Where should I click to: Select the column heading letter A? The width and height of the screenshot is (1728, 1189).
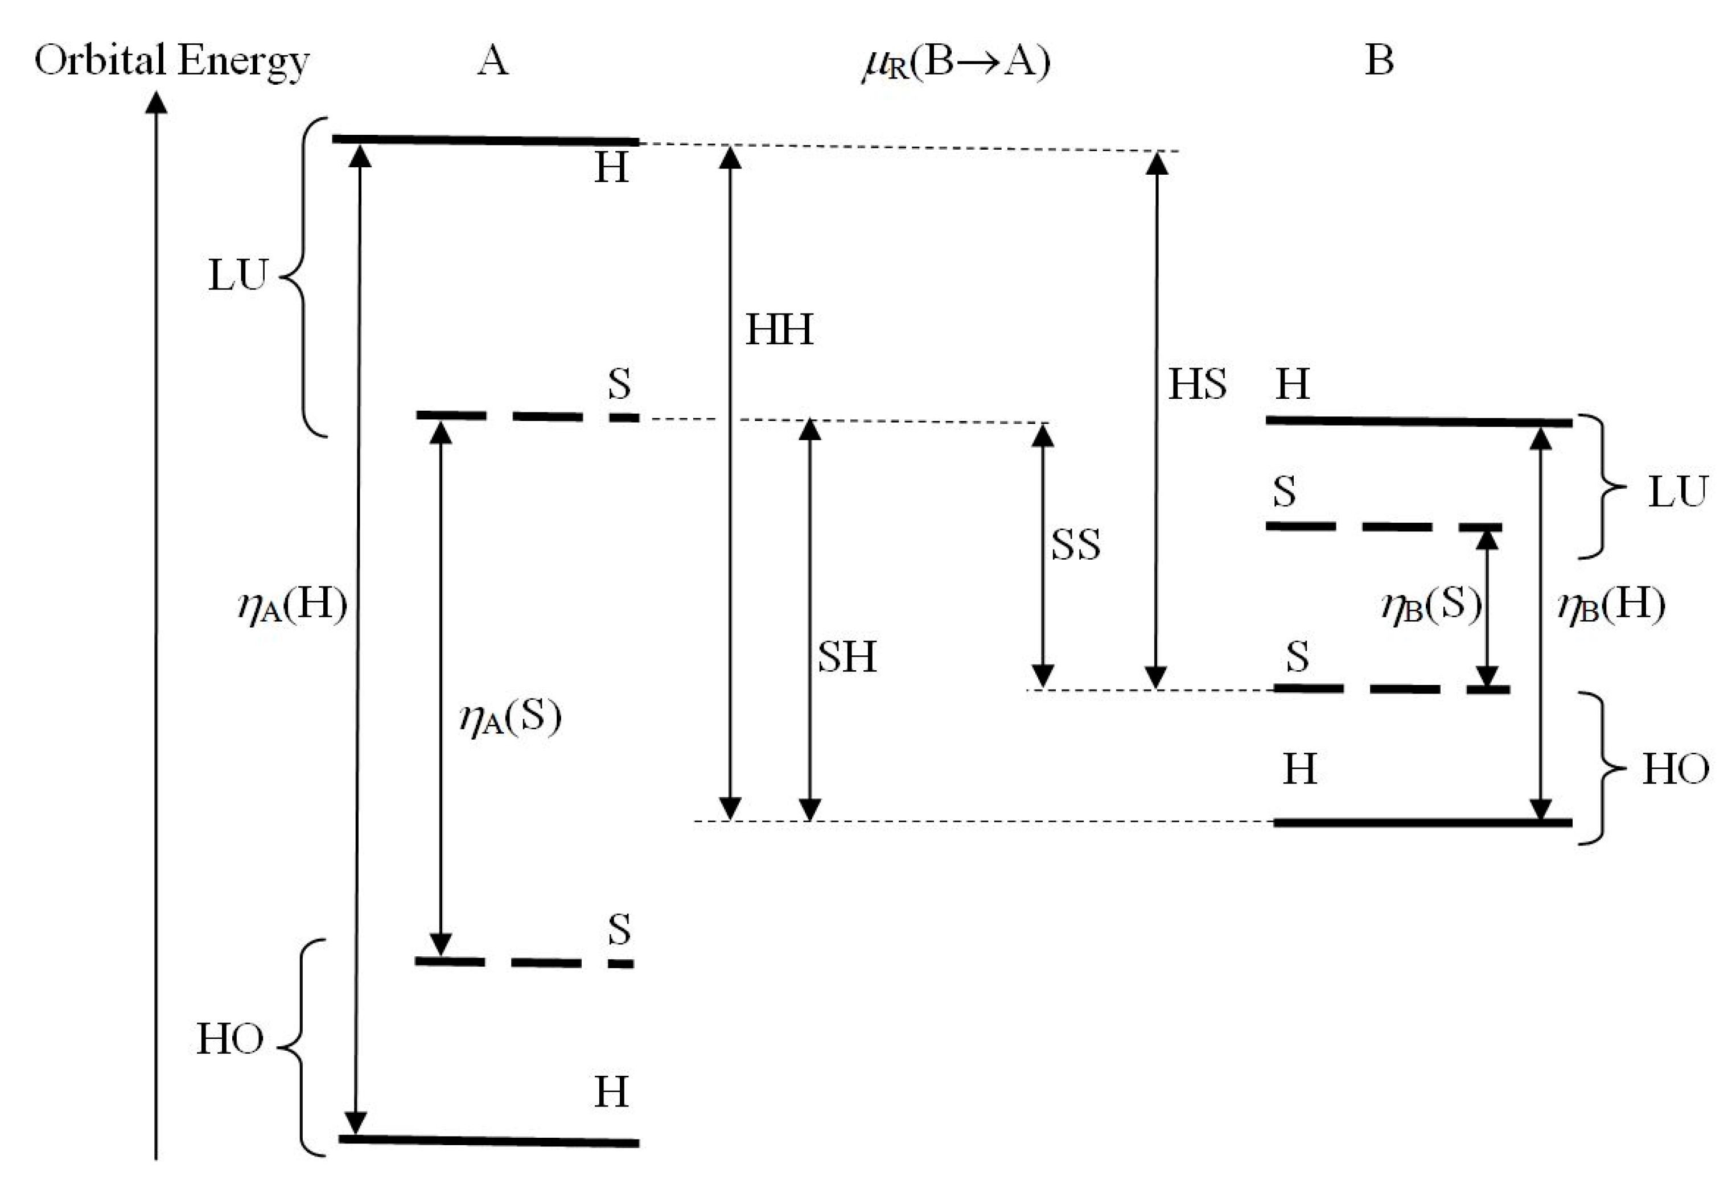[x=492, y=60]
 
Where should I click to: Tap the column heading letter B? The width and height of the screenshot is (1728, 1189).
[x=1379, y=60]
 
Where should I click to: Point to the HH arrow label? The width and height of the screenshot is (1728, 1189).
[x=779, y=329]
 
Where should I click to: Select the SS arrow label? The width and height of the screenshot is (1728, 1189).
[x=1075, y=544]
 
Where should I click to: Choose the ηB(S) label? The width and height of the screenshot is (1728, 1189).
[x=1431, y=605]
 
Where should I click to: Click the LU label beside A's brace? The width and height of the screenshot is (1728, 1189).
[x=237, y=276]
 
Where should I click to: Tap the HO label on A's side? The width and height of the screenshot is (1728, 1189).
[x=229, y=1039]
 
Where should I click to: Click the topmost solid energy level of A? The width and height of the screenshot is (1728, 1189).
[x=484, y=140]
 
